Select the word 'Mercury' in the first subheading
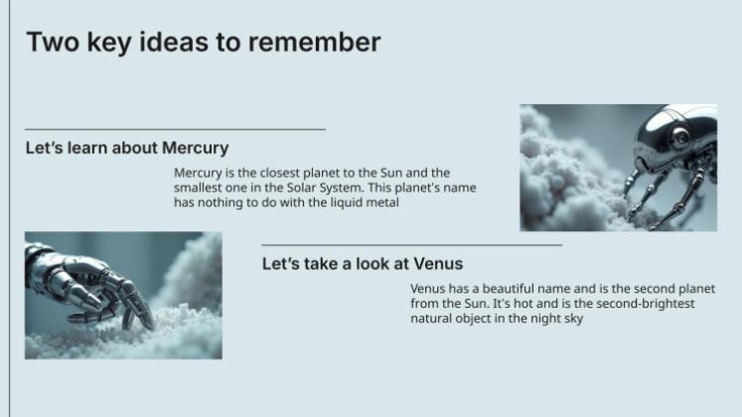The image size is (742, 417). tap(195, 148)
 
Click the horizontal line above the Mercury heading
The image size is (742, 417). tap(175, 129)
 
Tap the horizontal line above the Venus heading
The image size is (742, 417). tap(411, 244)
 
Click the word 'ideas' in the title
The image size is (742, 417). tap(160, 43)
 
